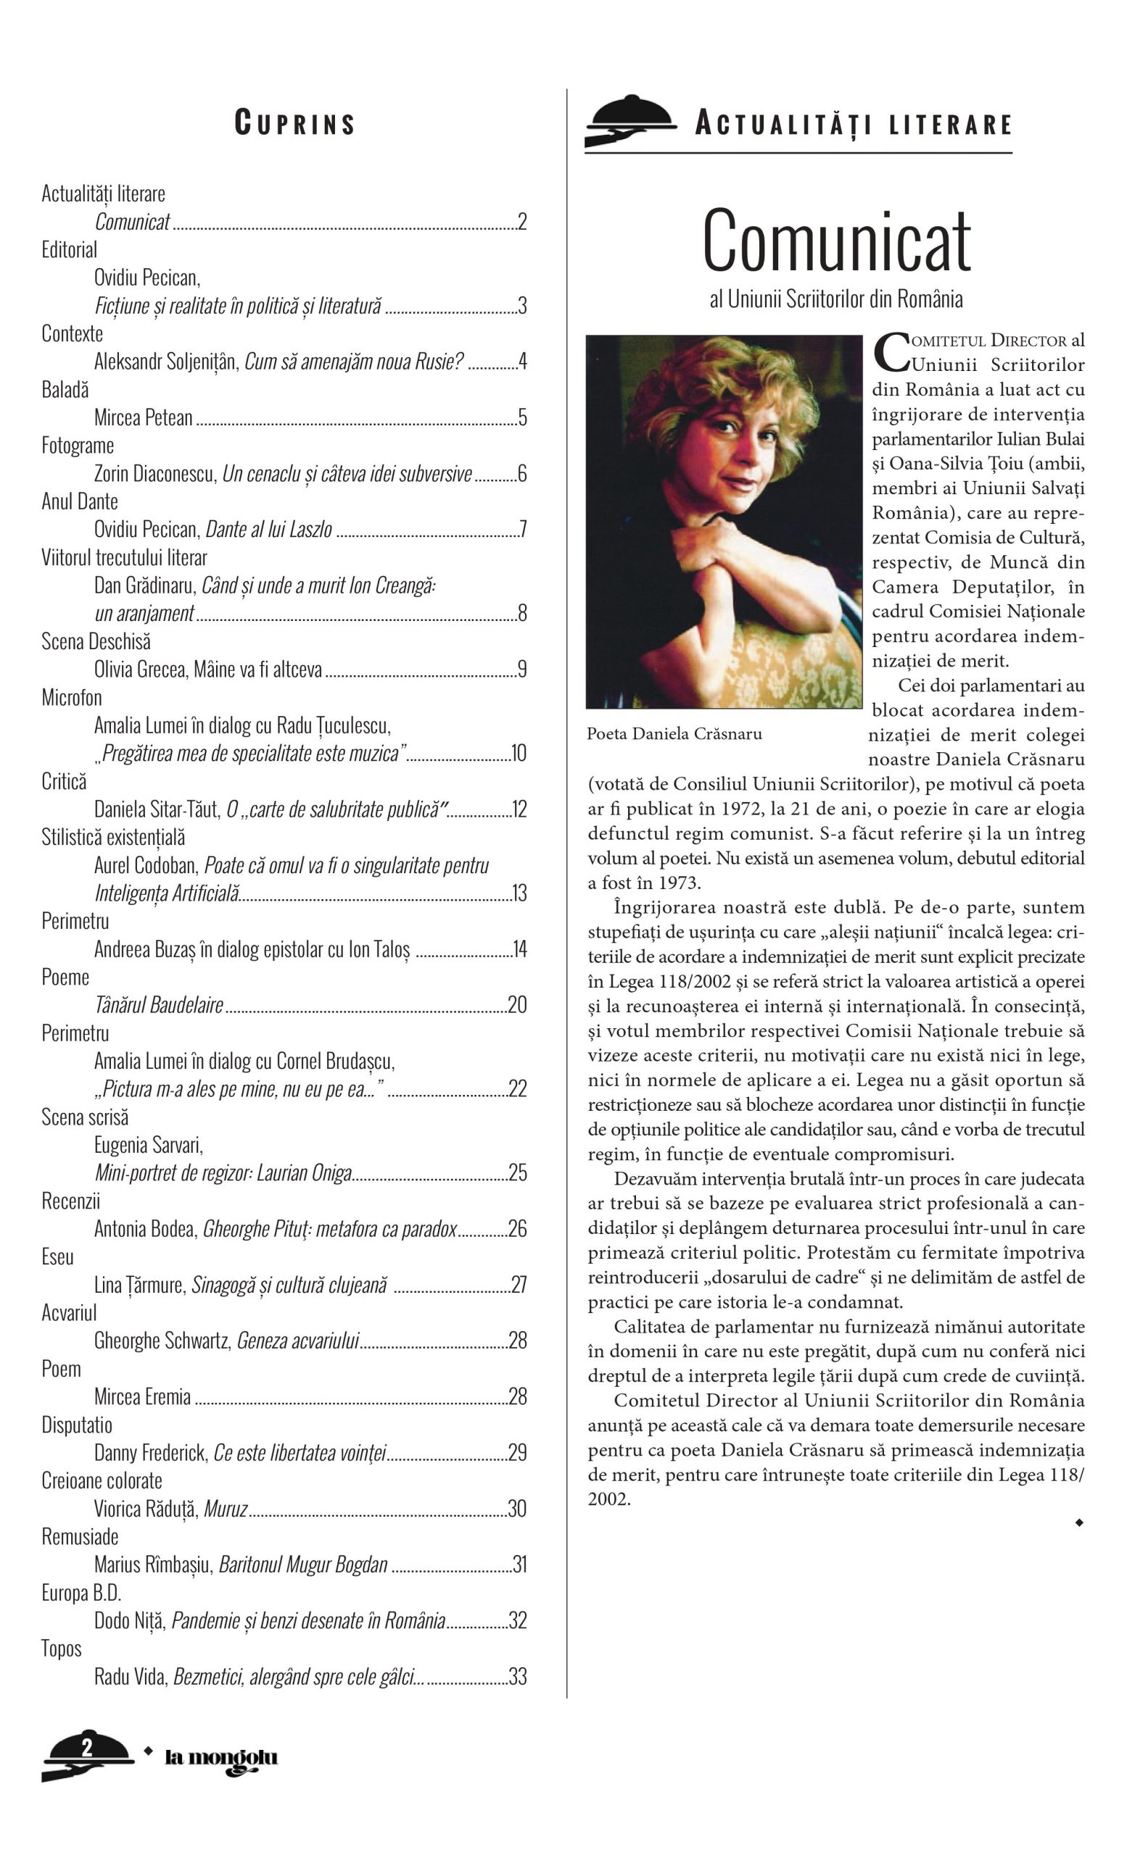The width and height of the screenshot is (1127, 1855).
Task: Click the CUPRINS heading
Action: (x=294, y=122)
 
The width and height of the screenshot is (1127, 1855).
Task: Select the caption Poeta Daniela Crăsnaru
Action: (x=674, y=734)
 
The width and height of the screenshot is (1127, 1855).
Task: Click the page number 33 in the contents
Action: (x=518, y=1677)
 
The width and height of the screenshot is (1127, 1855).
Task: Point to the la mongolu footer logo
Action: (x=220, y=1759)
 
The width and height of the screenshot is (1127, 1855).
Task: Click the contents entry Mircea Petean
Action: (x=143, y=418)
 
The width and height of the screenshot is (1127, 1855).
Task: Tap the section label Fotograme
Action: (x=78, y=446)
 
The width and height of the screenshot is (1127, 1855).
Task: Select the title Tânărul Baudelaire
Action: (x=159, y=1005)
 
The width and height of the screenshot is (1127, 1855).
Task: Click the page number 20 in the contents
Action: (x=517, y=1005)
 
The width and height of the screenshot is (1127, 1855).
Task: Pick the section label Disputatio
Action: (x=77, y=1425)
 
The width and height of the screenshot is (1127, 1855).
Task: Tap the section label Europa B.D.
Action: (x=81, y=1593)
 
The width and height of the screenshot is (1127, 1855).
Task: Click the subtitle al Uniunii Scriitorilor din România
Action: (x=836, y=300)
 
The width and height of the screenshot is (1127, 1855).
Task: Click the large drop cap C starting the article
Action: (x=891, y=352)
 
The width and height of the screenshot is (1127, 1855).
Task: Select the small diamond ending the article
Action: (x=1079, y=1522)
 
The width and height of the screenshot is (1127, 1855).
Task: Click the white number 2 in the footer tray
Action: (x=87, y=1746)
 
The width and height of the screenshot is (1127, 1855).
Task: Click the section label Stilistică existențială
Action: (x=113, y=837)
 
